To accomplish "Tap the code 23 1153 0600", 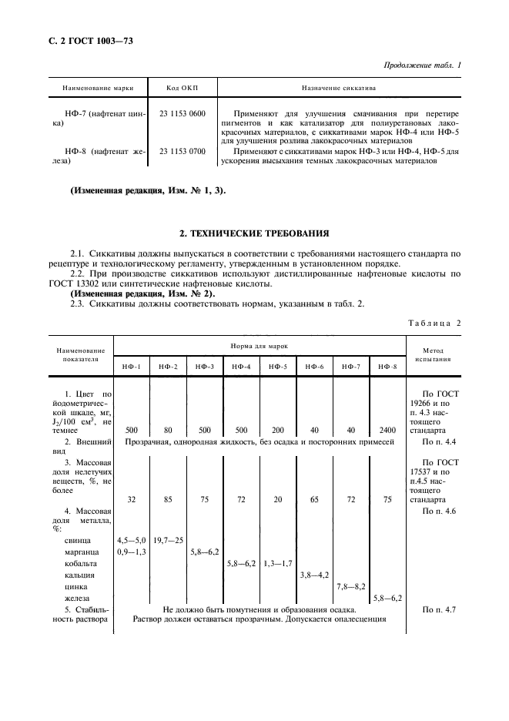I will pyautogui.click(x=183, y=114).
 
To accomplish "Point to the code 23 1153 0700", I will pyautogui.click(x=183, y=151).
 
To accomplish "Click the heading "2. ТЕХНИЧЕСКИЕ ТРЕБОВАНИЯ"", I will pyautogui.click(x=255, y=232).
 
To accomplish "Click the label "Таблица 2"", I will pyautogui.click(x=433, y=323).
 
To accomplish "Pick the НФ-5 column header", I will pyautogui.click(x=278, y=365).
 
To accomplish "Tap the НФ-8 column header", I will pyautogui.click(x=387, y=365).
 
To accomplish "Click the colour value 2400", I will pyautogui.click(x=387, y=430).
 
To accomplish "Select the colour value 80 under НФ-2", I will pyautogui.click(x=168, y=430).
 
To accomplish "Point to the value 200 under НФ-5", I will pyautogui.click(x=278, y=430).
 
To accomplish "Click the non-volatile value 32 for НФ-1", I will pyautogui.click(x=132, y=500).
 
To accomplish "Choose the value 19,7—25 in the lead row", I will pyautogui.click(x=169, y=541).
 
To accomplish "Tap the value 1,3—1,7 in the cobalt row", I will pyautogui.click(x=278, y=564).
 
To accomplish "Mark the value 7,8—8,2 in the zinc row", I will pyautogui.click(x=351, y=586).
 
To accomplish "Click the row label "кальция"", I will pyautogui.click(x=81, y=575).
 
